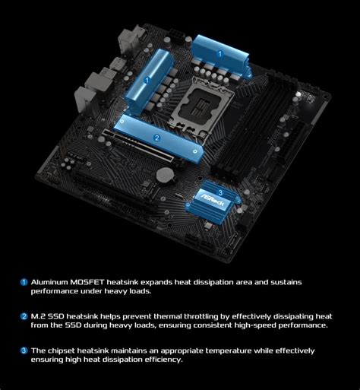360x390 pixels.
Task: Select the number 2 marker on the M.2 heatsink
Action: (156, 138)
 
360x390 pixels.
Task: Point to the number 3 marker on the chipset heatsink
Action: (220, 192)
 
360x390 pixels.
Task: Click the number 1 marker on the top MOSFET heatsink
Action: (220, 54)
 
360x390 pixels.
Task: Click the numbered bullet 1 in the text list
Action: (24, 282)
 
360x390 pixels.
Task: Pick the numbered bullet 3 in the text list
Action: (24, 350)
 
